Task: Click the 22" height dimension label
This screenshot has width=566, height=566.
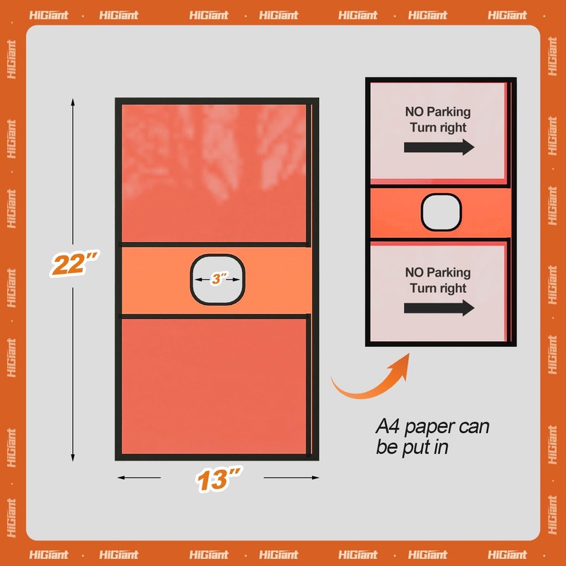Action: tap(74, 264)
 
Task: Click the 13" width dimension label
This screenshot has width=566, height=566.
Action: tap(219, 480)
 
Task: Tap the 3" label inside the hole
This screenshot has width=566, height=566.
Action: tap(218, 279)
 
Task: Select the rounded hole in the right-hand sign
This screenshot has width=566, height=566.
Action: tap(441, 212)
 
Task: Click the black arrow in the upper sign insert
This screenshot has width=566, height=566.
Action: tap(439, 147)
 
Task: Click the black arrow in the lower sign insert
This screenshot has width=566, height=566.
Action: tap(439, 308)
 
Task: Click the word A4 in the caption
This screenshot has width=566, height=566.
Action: tap(388, 427)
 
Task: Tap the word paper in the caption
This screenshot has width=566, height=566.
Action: tap(429, 428)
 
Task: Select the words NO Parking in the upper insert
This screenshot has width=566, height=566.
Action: tap(438, 112)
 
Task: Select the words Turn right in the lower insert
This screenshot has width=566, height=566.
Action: tap(438, 288)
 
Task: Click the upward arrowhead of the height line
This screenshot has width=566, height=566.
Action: tap(73, 102)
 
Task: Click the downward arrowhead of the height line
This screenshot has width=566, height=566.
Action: tap(73, 457)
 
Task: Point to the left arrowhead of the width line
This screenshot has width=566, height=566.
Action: tap(121, 478)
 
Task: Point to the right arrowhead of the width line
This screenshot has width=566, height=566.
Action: tap(315, 478)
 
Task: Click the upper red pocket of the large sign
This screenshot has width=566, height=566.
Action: tap(214, 173)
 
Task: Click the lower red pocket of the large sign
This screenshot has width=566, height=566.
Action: tap(214, 386)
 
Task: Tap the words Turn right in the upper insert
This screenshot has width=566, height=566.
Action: tap(438, 127)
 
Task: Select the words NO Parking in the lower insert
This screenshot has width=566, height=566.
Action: tap(438, 272)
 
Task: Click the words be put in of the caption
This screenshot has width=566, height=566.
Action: tap(412, 448)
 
